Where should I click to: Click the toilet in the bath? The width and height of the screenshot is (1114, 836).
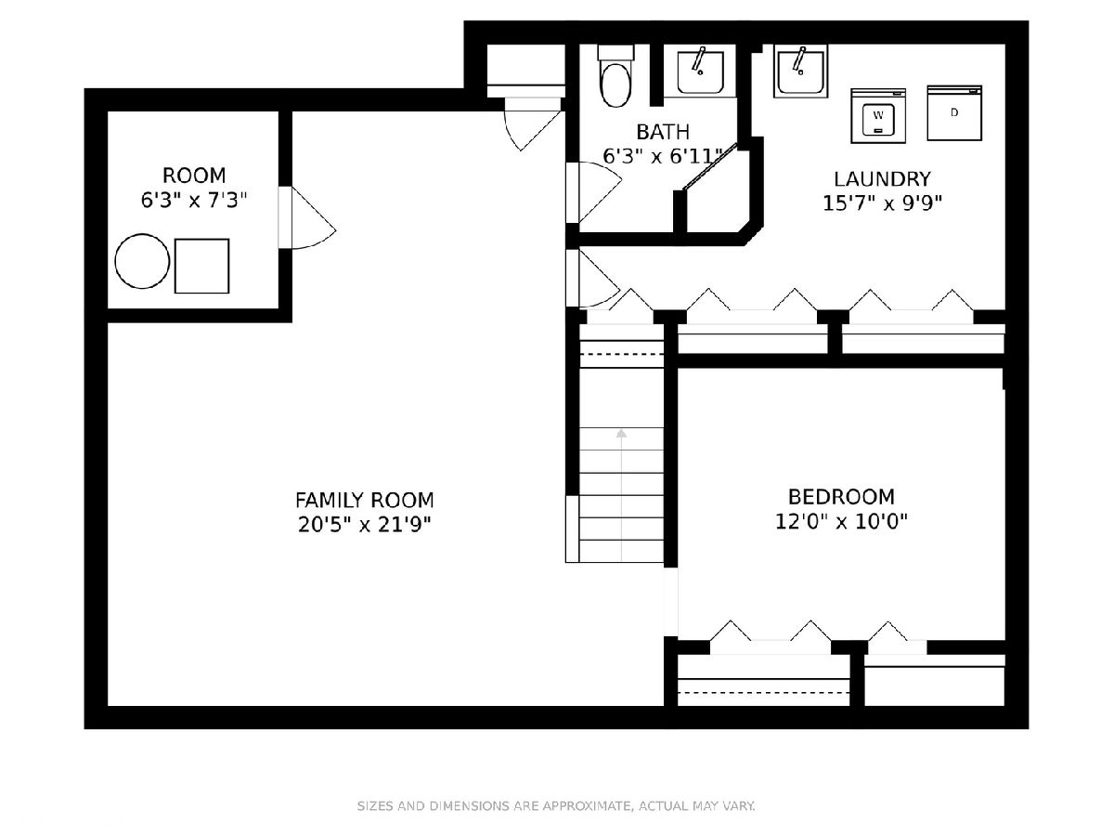[x=615, y=76]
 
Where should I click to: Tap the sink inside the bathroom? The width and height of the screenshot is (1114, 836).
[x=700, y=72]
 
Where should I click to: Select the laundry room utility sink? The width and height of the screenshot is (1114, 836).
[x=800, y=72]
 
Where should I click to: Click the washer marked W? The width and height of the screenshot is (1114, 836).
[x=878, y=116]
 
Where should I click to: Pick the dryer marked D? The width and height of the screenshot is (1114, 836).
[x=954, y=112]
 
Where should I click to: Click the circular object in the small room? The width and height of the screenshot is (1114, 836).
[x=142, y=261]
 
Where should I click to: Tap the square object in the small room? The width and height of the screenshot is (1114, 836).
[x=202, y=266]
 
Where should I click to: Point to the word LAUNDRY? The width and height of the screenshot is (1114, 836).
[x=882, y=179]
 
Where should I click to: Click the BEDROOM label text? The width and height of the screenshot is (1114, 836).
[x=841, y=497]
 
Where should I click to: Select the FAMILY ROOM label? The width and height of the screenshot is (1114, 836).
[x=365, y=501]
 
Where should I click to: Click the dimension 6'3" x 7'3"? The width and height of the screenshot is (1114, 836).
[x=193, y=201]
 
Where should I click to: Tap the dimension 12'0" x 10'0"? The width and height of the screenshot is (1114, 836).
[x=841, y=521]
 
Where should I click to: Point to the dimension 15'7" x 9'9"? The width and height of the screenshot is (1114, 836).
[x=882, y=203]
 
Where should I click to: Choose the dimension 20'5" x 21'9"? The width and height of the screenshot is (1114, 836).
[x=365, y=525]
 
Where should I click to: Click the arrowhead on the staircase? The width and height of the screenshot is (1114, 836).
[x=621, y=434]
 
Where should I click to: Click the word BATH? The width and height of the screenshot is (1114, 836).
[x=663, y=133]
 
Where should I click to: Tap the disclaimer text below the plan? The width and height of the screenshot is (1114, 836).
[x=556, y=806]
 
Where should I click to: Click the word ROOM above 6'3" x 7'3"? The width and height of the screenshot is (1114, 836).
[x=194, y=176]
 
